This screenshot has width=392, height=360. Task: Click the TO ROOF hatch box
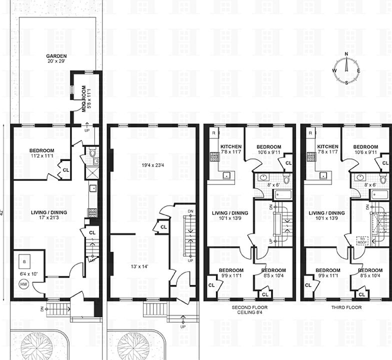coord(362,240)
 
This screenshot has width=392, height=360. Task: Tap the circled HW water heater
coord(23,284)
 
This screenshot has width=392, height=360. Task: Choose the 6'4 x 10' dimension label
coord(28,273)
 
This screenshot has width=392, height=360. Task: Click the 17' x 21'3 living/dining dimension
coord(48,218)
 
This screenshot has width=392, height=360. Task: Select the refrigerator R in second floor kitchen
coord(214,133)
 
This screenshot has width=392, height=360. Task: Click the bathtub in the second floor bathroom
coord(275,194)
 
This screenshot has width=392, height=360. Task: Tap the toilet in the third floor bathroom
coord(382,179)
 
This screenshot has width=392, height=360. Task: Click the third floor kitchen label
coord(327,146)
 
